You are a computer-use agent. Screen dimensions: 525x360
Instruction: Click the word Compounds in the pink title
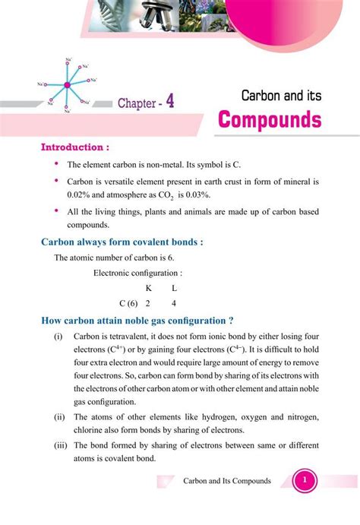[x=269, y=120]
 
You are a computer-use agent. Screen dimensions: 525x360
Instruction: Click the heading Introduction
[x=74, y=146]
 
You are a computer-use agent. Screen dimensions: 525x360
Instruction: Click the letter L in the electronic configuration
[x=175, y=288]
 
